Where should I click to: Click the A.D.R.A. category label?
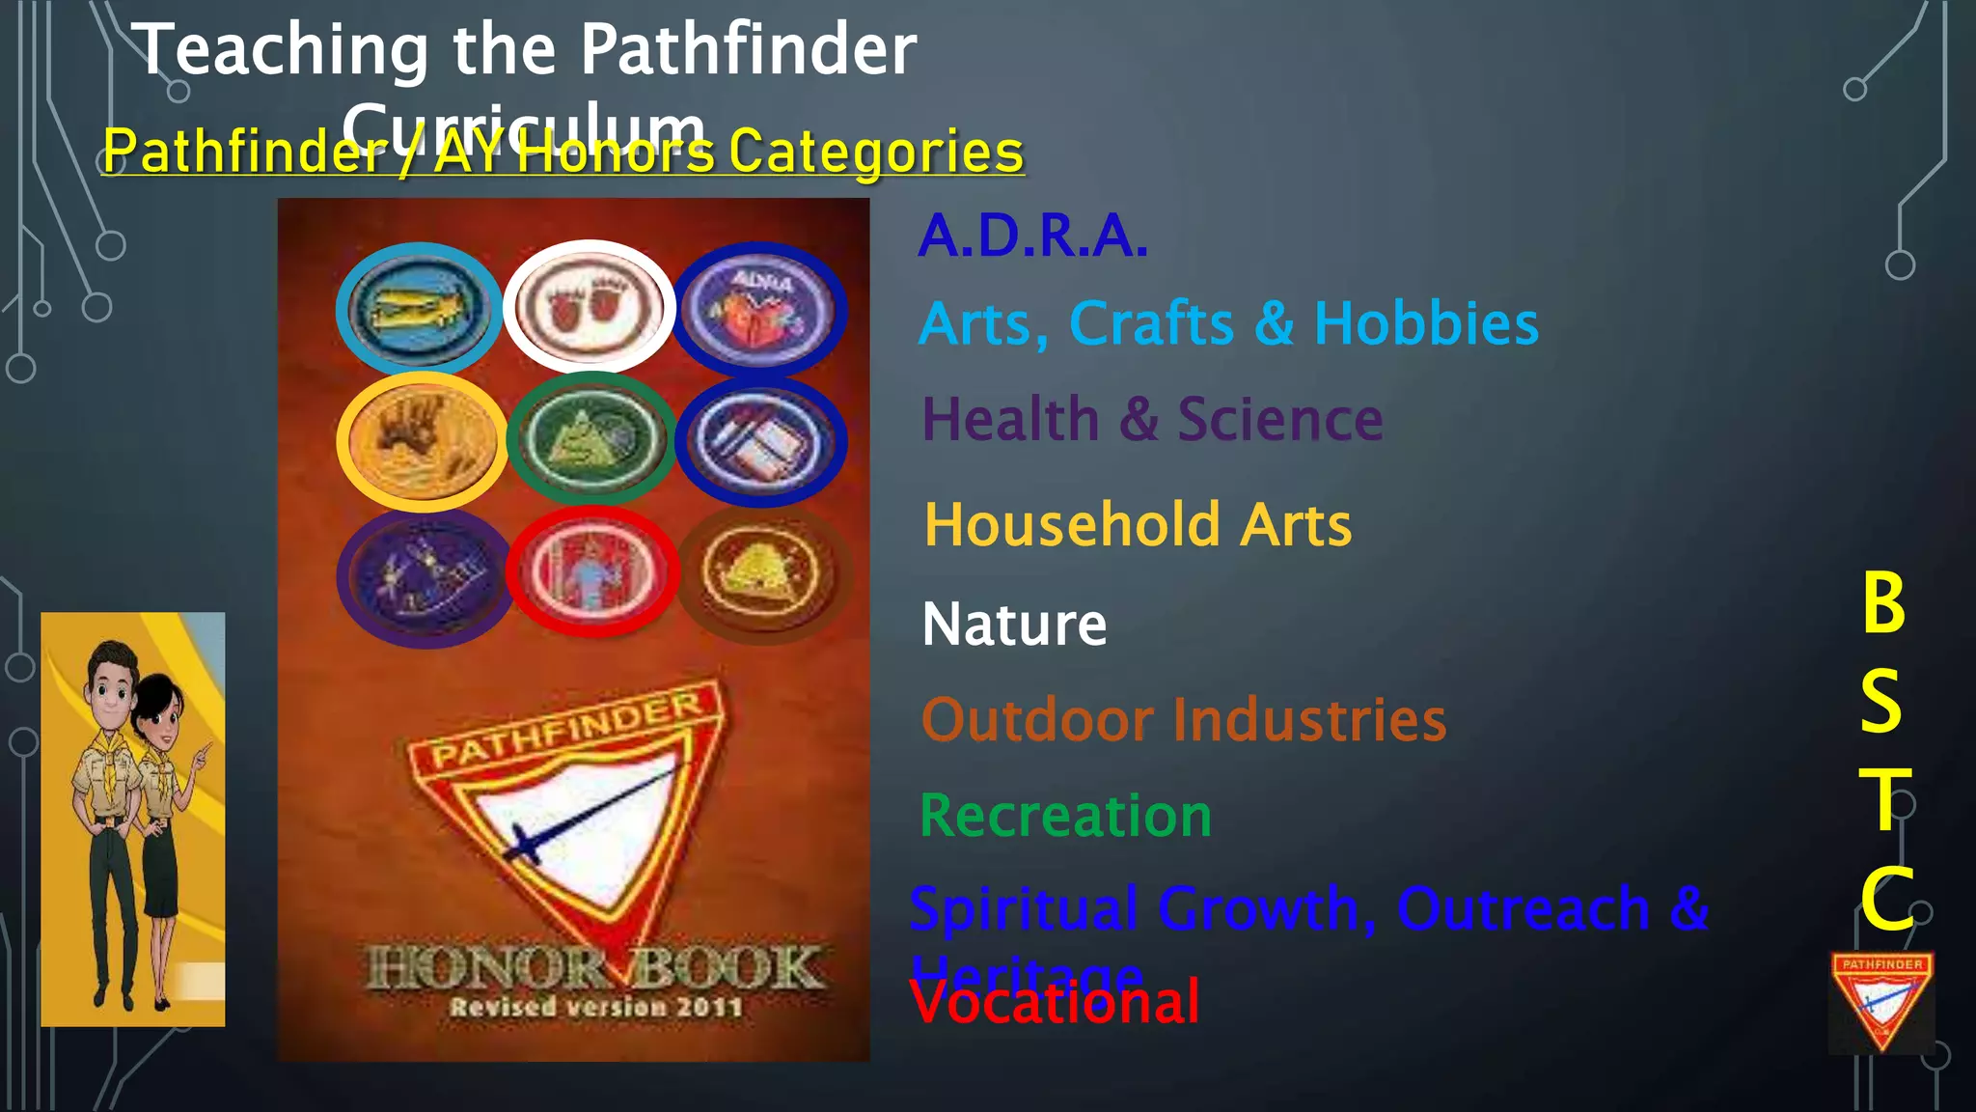pyautogui.click(x=1032, y=236)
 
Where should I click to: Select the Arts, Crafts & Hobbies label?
pyautogui.click(x=1228, y=323)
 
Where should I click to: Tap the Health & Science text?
pyautogui.click(x=1152, y=420)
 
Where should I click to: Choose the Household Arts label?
pyautogui.click(x=1138, y=525)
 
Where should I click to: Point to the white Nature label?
pyautogui.click(x=1014, y=625)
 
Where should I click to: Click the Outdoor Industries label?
pyautogui.click(x=1184, y=720)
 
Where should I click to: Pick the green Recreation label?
pyautogui.click(x=1065, y=816)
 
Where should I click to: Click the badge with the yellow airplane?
pyautogui.click(x=418, y=309)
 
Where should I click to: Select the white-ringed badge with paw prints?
pyautogui.click(x=589, y=306)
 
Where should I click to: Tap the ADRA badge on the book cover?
pyautogui.click(x=759, y=310)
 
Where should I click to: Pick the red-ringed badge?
pyautogui.click(x=592, y=571)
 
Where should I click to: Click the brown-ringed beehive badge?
pyautogui.click(x=762, y=574)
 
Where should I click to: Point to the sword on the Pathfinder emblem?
pyautogui.click(x=589, y=811)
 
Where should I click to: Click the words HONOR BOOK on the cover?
pyautogui.click(x=594, y=968)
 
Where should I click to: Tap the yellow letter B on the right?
pyautogui.click(x=1883, y=603)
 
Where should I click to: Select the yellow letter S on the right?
pyautogui.click(x=1881, y=702)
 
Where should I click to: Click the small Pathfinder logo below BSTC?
pyautogui.click(x=1881, y=1002)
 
